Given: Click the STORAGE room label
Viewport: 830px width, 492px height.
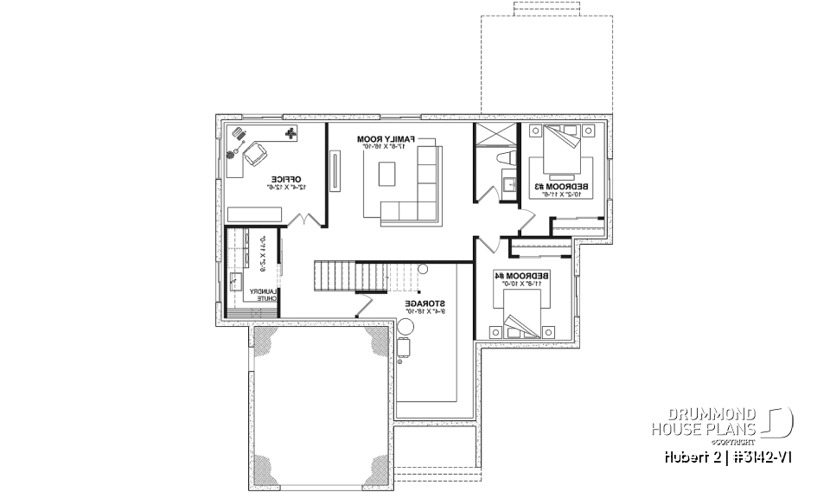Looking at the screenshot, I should tap(426, 305).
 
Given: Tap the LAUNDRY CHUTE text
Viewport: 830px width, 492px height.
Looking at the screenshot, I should tap(264, 297).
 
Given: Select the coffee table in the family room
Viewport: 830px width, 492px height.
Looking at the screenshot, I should tap(386, 176).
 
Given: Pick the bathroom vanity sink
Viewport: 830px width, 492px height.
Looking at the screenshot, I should tap(506, 183).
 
